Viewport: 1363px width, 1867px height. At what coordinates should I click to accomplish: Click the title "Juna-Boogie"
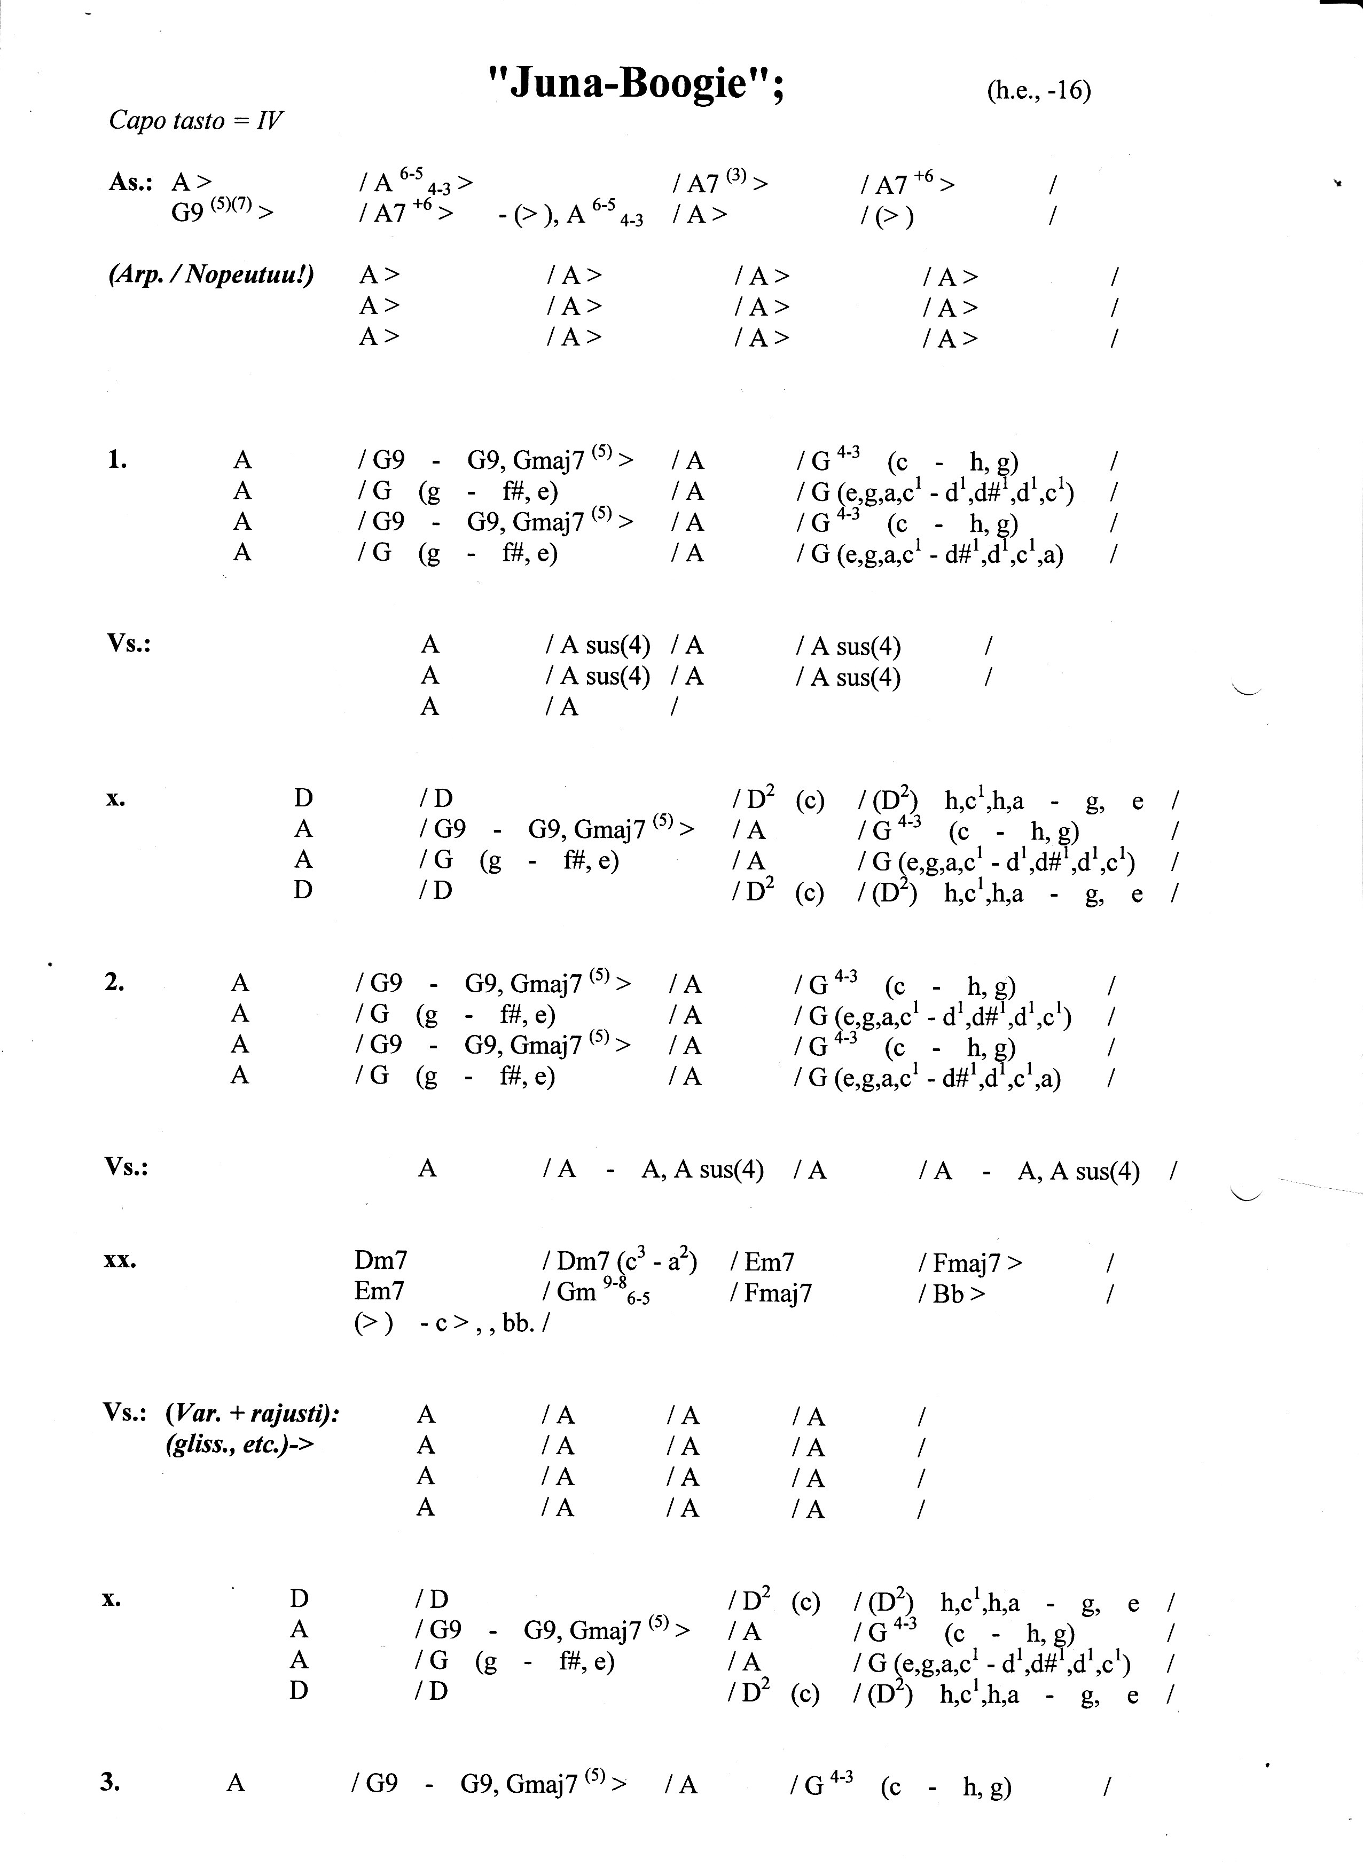635,83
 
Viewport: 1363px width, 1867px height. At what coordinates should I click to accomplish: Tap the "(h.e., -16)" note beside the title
1038,90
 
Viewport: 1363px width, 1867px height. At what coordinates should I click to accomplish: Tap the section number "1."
117,459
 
